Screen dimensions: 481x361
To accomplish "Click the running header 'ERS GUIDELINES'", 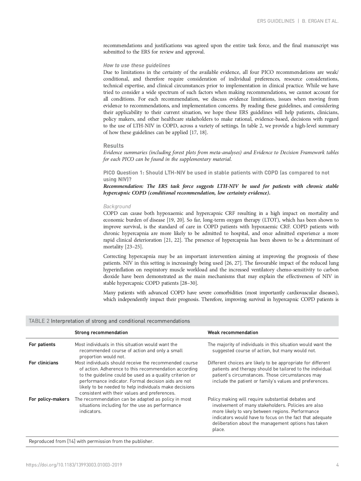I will [275, 21].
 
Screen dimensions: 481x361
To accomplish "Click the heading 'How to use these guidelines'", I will [137, 65].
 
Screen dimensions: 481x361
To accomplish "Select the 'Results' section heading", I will [113, 146].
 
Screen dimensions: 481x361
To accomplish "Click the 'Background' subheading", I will [117, 206].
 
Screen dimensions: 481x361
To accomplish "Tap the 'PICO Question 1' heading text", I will [123, 173].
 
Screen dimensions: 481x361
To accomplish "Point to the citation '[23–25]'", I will [134, 247].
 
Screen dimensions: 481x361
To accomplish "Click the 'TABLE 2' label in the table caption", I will [39, 321].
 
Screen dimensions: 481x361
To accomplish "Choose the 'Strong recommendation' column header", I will [101, 333].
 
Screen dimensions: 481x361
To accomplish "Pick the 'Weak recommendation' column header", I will [233, 333].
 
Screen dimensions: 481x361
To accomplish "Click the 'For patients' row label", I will [42, 345].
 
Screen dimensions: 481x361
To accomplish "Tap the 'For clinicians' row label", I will [43, 363].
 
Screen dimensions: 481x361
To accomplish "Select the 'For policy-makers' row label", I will [49, 399].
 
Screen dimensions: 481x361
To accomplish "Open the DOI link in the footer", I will [74, 465].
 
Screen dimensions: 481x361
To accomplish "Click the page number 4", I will [337, 465].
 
